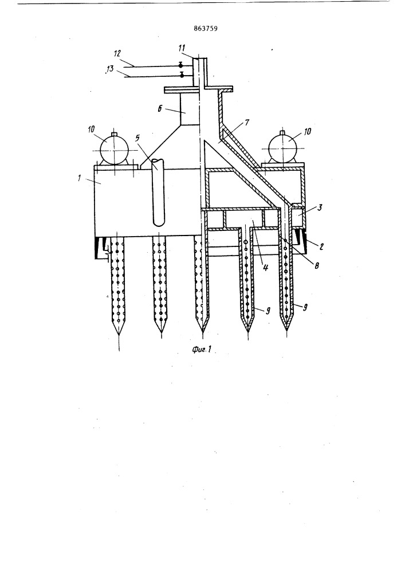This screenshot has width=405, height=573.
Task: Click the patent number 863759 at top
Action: coord(206,28)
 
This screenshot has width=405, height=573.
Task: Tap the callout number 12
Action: coord(117,54)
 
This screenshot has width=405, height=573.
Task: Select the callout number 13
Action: coord(110,68)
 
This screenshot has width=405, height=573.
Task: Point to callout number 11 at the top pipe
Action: coord(182,48)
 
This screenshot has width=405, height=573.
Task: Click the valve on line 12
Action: coord(180,65)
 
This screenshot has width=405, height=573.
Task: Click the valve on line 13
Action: coord(182,75)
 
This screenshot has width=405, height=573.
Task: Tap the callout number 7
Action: coord(247,123)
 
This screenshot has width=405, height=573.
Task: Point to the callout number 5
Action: coord(137,139)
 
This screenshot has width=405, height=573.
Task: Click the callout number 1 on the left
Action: coord(79,179)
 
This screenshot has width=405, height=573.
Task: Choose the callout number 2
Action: coord(321,247)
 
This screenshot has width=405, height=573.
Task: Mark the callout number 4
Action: coord(265,267)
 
